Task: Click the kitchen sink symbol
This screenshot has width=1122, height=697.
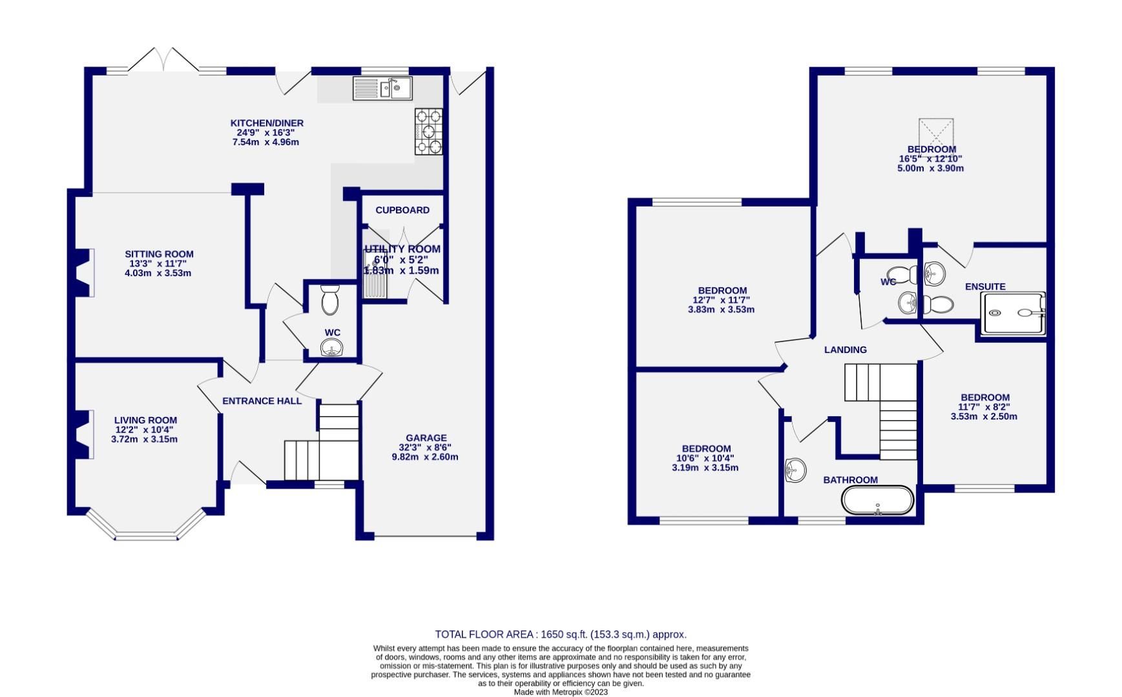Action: pos(382,88)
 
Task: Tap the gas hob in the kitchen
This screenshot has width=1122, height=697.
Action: pos(429,131)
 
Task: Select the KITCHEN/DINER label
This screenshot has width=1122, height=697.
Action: pos(267,123)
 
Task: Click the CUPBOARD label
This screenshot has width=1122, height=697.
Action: pos(402,210)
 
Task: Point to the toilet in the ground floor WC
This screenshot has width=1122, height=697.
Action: pos(330,299)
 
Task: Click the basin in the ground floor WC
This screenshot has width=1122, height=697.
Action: pos(332,349)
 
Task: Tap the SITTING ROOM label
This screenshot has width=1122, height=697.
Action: pos(159,254)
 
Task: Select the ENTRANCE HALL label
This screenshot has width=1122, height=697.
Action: pos(262,401)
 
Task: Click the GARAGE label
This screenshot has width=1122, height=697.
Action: pos(426,438)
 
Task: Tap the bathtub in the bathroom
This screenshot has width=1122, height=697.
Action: pos(878,501)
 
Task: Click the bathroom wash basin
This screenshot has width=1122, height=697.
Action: pos(795,470)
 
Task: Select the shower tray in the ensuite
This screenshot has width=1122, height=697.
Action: pos(1012,313)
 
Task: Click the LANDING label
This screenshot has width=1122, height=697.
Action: pos(845,350)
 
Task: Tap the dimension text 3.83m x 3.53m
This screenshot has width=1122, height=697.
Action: pos(721,309)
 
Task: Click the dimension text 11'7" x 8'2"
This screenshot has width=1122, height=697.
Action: pos(984,407)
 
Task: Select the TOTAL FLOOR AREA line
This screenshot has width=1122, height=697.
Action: pos(560,634)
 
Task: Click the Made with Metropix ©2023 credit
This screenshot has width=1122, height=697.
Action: pos(560,692)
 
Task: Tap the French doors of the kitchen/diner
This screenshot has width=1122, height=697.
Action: pos(164,60)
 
